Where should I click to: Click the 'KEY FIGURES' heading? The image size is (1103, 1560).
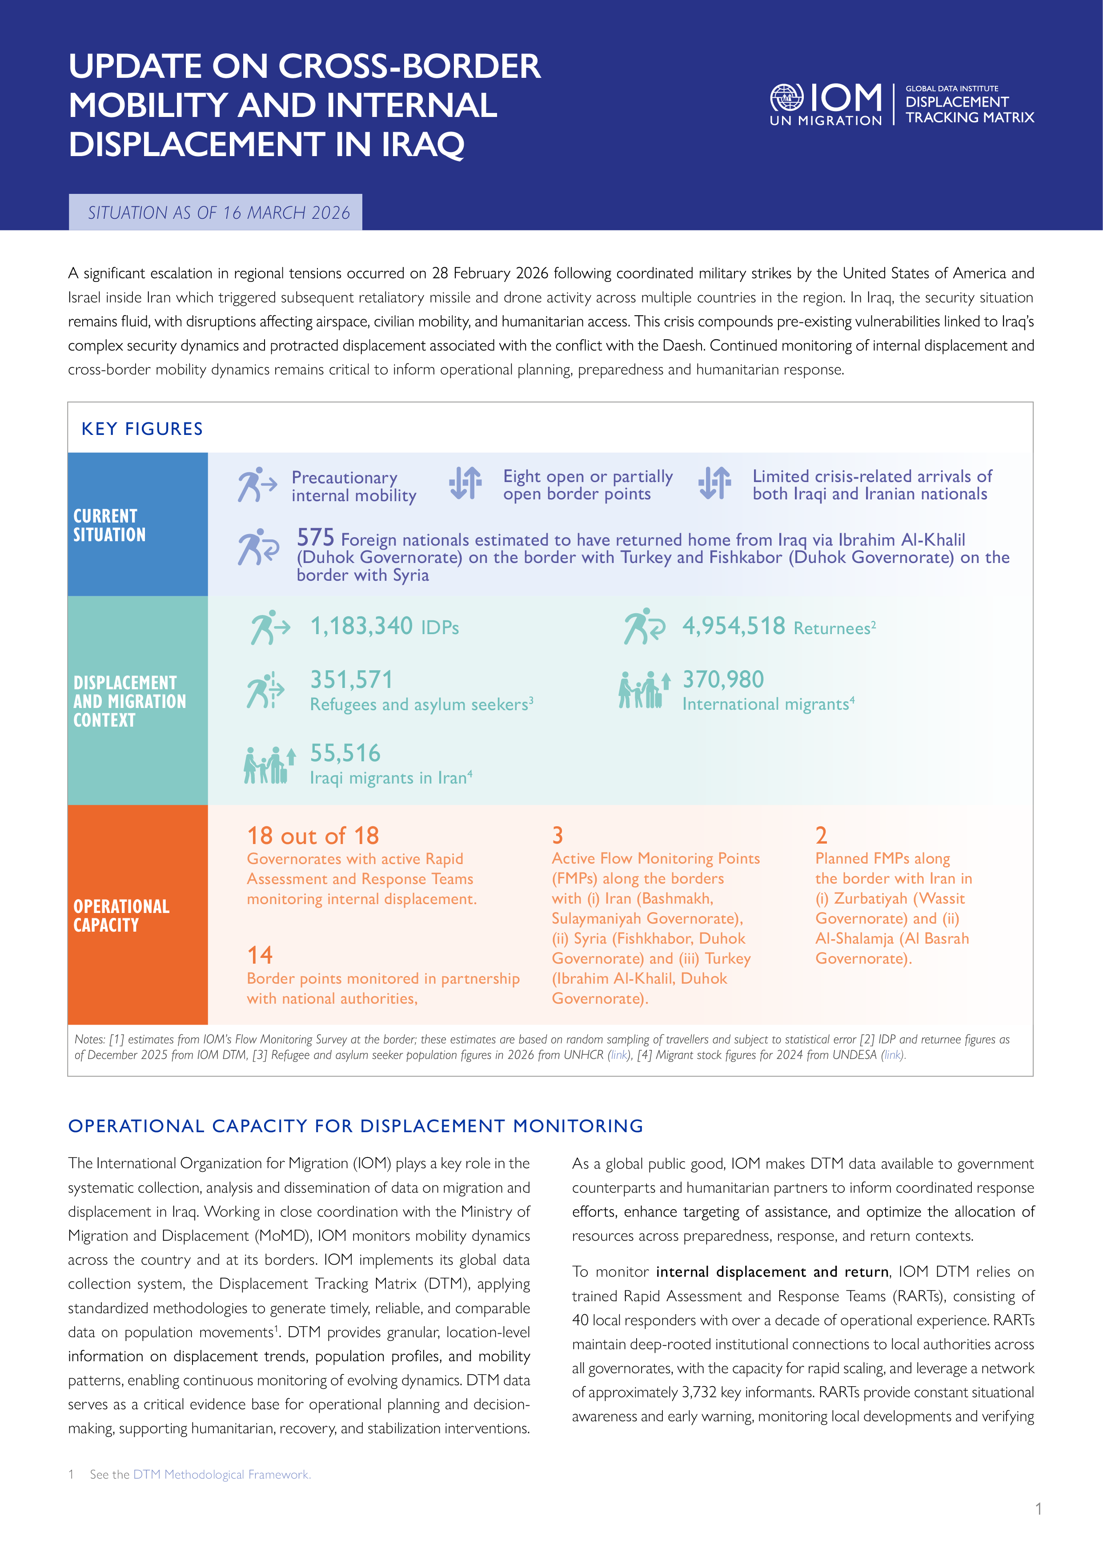[142, 429]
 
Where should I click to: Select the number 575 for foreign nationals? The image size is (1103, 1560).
[315, 538]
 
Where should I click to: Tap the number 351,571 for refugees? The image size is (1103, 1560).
[351, 679]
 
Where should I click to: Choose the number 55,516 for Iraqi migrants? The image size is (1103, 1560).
[345, 753]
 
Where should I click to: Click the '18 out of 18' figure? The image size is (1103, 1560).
[313, 835]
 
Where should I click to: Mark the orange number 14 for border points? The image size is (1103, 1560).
[260, 955]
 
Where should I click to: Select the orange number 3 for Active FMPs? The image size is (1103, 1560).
[558, 835]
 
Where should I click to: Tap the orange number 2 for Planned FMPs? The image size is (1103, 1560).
[821, 835]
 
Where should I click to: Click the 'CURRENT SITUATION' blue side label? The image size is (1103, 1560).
[109, 525]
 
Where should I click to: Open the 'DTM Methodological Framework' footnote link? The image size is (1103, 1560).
[221, 1474]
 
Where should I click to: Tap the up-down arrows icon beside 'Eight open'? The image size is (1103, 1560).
[465, 483]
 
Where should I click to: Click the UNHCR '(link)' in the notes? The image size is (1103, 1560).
[619, 1055]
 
